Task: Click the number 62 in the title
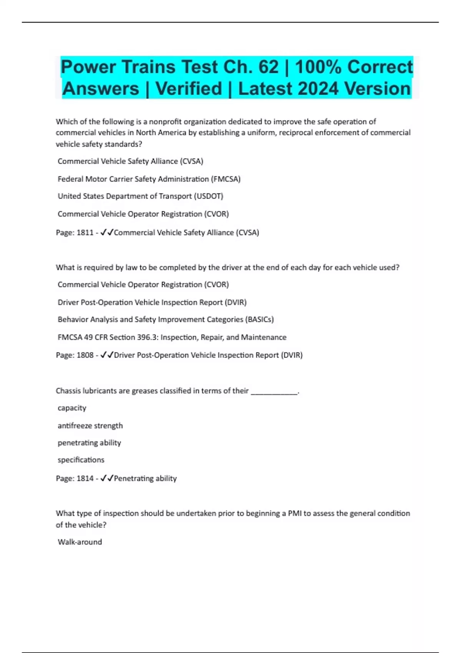click(x=268, y=67)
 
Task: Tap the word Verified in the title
click(x=189, y=89)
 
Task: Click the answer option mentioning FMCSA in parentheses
click(x=149, y=179)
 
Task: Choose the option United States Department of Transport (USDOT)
click(x=140, y=196)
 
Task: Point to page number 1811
click(x=85, y=233)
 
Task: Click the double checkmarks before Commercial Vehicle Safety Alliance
click(x=107, y=232)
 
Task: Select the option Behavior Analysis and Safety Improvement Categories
click(x=166, y=320)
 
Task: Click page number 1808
click(x=85, y=355)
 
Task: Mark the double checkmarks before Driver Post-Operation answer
click(x=107, y=355)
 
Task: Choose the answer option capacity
click(x=72, y=408)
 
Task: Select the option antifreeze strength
click(x=90, y=426)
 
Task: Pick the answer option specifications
click(x=81, y=460)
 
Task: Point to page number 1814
click(x=85, y=479)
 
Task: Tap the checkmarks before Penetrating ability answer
click(x=107, y=478)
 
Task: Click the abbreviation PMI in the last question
click(x=295, y=514)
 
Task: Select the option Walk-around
click(x=80, y=542)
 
